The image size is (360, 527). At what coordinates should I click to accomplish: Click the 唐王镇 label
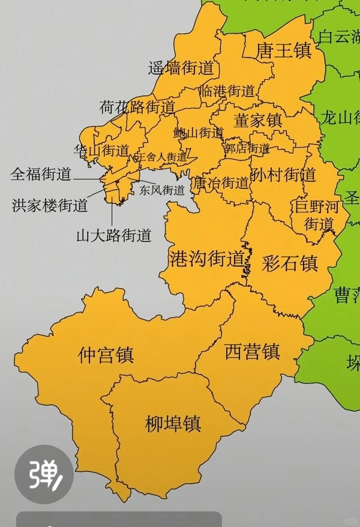coord(284,50)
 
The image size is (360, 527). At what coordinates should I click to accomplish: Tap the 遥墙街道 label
coord(181,68)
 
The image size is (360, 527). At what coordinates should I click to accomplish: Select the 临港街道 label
coord(228,91)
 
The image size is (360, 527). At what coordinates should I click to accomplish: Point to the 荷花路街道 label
coord(137,107)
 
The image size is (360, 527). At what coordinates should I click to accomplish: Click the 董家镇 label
coord(258,120)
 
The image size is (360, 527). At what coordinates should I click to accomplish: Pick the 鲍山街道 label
coord(199,133)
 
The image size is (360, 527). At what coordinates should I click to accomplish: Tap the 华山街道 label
coord(101,150)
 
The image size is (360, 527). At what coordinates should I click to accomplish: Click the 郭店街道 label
coord(246,147)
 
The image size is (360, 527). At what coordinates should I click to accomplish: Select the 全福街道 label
coord(41,175)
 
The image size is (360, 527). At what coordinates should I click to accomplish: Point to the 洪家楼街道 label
coord(50,205)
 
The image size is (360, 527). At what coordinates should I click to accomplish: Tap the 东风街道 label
coord(162,190)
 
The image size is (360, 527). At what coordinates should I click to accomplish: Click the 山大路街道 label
coord(113,235)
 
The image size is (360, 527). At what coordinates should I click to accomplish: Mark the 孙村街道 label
coord(284,175)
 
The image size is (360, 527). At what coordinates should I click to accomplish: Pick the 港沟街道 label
coord(207,259)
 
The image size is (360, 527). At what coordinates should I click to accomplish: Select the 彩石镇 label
coord(290,263)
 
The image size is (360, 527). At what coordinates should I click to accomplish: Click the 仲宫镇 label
coord(106,355)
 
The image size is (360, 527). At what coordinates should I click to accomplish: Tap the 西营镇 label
coord(253,351)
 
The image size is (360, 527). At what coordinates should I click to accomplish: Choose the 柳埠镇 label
coord(173,424)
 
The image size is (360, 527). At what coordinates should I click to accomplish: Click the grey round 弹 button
coord(44,474)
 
